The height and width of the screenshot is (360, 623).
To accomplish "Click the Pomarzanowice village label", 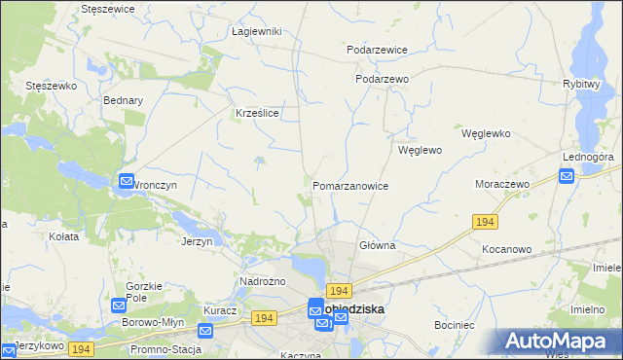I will pos(350,186).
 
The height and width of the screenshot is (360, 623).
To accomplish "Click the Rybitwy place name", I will pos(580,84).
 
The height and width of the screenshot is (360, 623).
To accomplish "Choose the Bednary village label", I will pos(123,100).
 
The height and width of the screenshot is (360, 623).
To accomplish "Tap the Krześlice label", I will pos(258,113).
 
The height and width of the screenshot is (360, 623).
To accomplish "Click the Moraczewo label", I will pos(501,184).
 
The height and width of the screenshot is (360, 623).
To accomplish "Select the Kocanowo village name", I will pos(506,249).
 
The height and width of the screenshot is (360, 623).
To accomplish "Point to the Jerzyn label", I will pos(197,241).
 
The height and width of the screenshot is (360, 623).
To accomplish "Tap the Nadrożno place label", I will pos(261,281).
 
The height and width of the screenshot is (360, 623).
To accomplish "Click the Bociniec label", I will pos(455,324).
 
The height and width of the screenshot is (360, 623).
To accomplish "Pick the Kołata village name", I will pos(62,235).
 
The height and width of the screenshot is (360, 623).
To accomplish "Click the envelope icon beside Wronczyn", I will pos(126,180).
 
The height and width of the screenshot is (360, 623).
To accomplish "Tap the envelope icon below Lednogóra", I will pos(567,175).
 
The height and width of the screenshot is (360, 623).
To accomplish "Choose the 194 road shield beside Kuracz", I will pos(263,318).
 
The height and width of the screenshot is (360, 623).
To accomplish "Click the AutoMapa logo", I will pos(560,342).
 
